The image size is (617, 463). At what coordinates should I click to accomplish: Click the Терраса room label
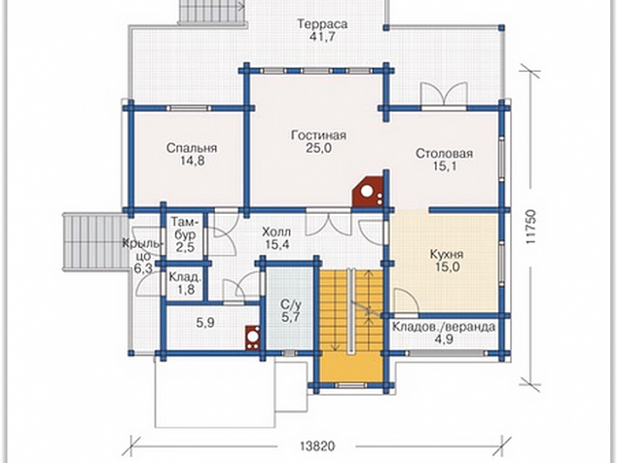click(322, 24)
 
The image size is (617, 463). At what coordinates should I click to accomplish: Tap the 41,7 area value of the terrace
click(322, 37)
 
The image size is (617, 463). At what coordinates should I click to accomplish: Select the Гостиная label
click(319, 135)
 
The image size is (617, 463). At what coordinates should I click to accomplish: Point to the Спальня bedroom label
click(192, 148)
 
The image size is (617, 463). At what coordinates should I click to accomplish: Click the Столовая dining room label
click(444, 154)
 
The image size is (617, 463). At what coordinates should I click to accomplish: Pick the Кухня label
click(447, 254)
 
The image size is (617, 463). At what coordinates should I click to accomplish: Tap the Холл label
click(276, 231)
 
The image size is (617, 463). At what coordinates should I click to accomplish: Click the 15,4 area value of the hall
click(277, 245)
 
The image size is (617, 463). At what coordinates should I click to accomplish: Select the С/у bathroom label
click(291, 304)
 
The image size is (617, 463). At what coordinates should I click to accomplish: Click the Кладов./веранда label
click(444, 327)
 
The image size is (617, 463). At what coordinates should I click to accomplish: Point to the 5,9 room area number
click(205, 323)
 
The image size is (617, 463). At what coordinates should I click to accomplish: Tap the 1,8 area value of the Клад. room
click(186, 290)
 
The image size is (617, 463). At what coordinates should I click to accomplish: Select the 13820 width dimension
click(317, 446)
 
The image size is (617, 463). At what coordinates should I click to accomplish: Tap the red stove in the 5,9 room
click(252, 338)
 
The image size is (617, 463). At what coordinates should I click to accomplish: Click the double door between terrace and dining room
click(444, 94)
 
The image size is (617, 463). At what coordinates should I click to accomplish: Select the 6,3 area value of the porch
click(143, 269)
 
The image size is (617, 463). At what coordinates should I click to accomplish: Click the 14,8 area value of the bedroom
click(192, 160)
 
